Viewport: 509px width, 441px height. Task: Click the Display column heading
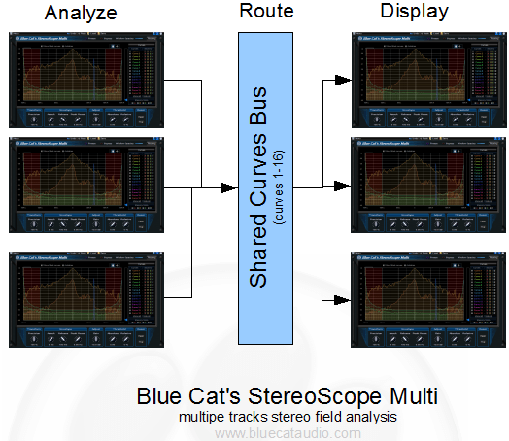click(416, 13)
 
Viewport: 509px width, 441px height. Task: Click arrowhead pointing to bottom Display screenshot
click(345, 298)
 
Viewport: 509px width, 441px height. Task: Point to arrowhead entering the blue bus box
click(233, 188)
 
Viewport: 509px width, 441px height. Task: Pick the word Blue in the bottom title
click(160, 397)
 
